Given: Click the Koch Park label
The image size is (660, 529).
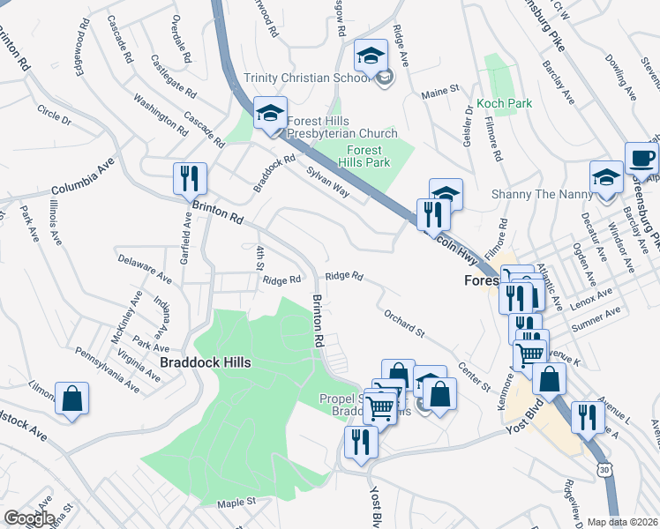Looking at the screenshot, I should coord(504,103).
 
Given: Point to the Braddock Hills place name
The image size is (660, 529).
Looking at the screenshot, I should coord(205,362).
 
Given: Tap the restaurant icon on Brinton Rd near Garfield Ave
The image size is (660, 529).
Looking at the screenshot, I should coord(190,178).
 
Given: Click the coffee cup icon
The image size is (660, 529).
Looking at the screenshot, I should coord(641,159).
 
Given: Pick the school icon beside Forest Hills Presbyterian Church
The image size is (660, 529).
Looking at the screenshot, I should coord(271,113).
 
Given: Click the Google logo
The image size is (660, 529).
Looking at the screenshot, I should coord(28,518).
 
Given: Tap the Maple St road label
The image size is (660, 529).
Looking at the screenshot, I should coord(236,502).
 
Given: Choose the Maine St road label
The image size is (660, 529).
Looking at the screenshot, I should coord(440,91).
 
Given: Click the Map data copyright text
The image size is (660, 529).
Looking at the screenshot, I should coord(622,522).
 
